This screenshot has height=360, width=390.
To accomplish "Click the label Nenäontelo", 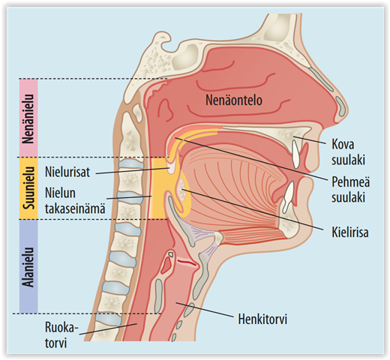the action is point(234,100).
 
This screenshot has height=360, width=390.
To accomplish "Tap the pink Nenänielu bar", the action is point(28,118).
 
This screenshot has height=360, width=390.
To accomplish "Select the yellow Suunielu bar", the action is point(28,188).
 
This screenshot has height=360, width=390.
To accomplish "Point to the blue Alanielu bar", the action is point(28,266).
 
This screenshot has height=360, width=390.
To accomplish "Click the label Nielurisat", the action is point(67,172).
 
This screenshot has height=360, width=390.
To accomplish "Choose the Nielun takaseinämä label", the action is point(75,200).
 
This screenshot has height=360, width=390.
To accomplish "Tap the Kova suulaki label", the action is point(348,151).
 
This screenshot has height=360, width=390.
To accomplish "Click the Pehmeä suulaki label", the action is point(351,189).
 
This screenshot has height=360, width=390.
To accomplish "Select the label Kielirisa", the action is point(350,232).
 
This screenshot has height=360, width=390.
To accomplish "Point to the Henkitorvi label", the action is point(262,319).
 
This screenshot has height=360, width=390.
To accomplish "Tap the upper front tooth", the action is point(295,154).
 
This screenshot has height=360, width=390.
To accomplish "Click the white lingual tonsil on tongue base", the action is point(182,190).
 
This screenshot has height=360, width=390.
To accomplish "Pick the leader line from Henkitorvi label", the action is point(205,310).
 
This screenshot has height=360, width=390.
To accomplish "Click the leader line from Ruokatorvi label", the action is point(108,329).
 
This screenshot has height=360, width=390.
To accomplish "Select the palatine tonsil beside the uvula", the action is point(172,166).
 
